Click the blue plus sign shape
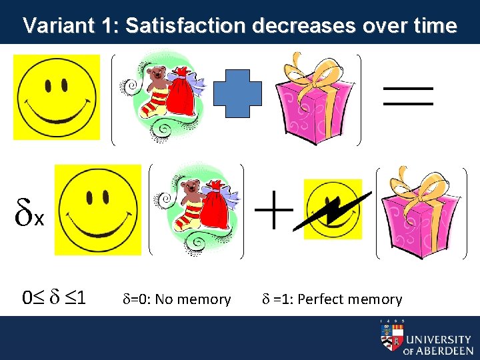[x=238, y=100]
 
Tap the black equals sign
[x=408, y=96]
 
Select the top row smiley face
[x=57, y=97]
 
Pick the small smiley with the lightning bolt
[x=333, y=209]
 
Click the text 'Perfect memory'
[x=349, y=299]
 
